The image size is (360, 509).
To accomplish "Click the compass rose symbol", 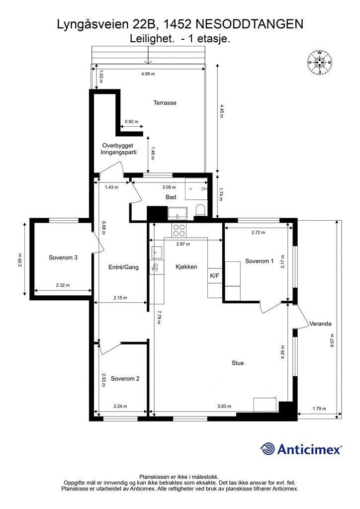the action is point(319,62).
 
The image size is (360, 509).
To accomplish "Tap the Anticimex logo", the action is point(301,449).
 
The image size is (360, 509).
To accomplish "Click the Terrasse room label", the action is point(165,103).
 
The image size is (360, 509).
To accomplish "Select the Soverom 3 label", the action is point(63,258).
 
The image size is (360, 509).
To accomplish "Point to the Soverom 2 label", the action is point(125,378).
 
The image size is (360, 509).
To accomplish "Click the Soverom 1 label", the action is point(260,261).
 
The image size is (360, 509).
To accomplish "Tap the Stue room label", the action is point(238,363).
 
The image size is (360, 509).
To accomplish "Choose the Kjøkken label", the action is point(186,267).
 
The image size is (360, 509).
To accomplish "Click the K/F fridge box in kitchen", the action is point(215,276).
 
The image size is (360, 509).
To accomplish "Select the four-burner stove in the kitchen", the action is point(179,230).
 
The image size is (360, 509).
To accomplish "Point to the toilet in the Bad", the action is point(200,210).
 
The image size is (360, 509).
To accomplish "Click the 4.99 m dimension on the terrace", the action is point(148,74).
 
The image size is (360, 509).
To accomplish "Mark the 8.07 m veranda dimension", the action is point(332,341).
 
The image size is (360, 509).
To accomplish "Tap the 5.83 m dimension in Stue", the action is point(224,406).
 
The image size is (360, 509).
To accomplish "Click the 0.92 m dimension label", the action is point(131,122).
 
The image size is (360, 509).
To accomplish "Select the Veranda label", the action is point(320,324).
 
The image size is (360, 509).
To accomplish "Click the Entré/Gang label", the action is point(123,267).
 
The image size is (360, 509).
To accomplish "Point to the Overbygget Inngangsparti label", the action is point(118,149).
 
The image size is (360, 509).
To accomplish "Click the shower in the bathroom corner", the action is point(196,188).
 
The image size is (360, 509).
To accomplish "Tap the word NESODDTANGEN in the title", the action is point(250,24).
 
